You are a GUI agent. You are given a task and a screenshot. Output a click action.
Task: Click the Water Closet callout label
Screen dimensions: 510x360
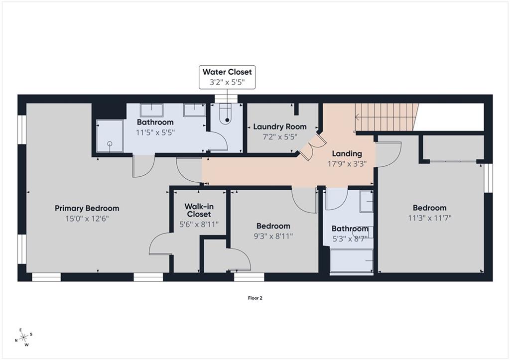point(227,77)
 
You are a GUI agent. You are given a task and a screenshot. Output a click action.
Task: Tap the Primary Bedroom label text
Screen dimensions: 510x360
point(87,208)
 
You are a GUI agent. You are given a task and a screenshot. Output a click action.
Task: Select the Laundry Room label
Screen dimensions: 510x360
point(280,126)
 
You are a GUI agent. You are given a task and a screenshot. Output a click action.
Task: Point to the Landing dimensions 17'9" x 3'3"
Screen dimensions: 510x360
point(347,164)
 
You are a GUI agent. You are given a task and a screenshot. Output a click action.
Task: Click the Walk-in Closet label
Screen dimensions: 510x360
point(199,210)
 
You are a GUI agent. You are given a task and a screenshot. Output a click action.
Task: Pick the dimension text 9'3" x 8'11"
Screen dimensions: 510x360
point(273,236)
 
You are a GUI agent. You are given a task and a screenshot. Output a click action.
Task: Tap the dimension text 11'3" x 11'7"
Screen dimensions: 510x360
point(430,218)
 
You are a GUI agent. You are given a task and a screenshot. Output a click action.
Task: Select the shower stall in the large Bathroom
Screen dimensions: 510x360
point(110,136)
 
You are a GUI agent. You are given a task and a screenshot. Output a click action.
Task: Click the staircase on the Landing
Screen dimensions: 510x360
point(386,117)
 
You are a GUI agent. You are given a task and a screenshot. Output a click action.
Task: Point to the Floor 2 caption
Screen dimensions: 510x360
point(255,298)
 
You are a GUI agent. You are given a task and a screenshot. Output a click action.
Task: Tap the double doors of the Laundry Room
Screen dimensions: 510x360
point(312,147)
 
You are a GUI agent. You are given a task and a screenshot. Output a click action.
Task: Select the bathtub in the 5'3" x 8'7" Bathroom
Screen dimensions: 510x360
point(351,261)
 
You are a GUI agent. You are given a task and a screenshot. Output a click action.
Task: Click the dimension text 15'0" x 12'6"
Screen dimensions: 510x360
point(87,219)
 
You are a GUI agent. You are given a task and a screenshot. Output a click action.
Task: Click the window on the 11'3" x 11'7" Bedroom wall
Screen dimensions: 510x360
point(488,178)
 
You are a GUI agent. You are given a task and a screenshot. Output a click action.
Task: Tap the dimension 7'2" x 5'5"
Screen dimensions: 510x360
point(280,137)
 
